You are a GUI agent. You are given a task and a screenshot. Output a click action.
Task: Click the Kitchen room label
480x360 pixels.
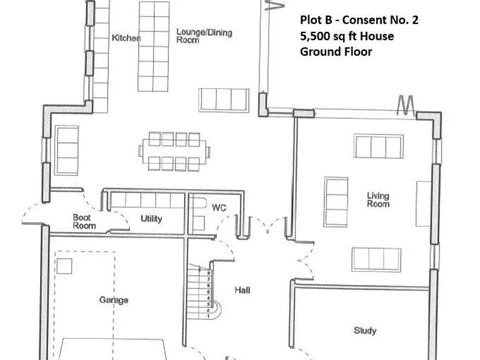126,38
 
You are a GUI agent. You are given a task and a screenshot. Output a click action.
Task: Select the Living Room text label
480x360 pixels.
377,200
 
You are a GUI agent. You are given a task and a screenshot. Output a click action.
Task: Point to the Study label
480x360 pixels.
364,331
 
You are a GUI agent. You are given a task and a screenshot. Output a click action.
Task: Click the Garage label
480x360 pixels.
114,300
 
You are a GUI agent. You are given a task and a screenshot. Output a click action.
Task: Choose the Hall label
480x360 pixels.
243,290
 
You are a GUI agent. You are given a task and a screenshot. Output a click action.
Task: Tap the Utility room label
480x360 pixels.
151,219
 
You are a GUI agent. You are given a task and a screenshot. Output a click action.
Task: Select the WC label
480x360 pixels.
219,207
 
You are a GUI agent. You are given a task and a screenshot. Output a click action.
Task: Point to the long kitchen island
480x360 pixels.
154,47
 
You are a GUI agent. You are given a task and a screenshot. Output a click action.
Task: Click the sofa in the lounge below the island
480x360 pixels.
224,100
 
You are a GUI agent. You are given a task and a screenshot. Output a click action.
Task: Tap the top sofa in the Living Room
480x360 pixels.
377,146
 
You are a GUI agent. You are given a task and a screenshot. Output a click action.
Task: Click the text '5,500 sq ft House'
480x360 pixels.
347,36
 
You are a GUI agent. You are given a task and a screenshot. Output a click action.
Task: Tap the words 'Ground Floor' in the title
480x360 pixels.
336,52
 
